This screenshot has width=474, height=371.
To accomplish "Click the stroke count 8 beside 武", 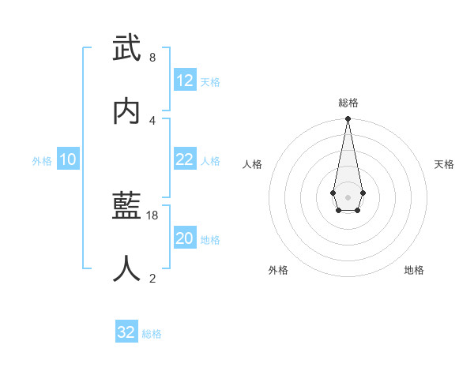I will click(152, 58).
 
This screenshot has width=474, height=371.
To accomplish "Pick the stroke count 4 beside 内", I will click(152, 120).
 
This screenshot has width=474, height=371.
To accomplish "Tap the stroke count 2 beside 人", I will click(152, 278).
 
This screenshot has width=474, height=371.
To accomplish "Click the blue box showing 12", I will click(185, 81).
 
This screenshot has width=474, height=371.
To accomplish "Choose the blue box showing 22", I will click(185, 159).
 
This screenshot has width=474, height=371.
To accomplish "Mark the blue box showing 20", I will click(185, 238).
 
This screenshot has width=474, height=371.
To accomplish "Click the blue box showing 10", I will click(68, 159).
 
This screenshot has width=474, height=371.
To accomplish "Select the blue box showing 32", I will click(126, 332).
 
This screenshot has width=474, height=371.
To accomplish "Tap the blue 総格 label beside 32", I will click(152, 334).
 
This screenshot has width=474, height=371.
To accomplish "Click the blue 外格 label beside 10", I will click(42, 161).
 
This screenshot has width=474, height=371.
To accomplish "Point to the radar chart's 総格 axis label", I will click(348, 103).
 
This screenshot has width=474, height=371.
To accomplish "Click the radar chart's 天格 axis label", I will click(445, 164).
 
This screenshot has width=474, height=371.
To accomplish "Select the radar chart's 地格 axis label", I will click(414, 270).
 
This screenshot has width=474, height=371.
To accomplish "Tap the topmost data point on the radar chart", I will click(348, 119).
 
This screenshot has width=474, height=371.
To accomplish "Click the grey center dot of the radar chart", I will click(348, 196).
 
